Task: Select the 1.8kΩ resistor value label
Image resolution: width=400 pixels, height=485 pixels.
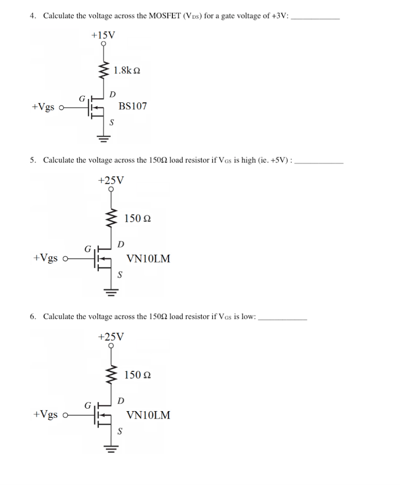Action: coord(127,71)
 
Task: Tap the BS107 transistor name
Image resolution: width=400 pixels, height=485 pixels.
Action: coord(133,106)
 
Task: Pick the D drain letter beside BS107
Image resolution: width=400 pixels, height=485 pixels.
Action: coord(112,94)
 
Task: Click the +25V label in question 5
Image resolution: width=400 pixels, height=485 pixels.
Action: coord(111,180)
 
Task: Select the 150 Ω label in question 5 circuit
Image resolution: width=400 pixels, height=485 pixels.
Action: coord(138,219)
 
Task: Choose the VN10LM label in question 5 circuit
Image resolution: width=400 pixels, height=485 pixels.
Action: coord(148,259)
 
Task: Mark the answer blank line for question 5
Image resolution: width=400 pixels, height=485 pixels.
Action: coord(319,162)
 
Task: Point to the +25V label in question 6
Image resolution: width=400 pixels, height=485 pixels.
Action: coord(111,337)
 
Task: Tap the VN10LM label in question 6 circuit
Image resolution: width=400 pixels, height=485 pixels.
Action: coord(148,415)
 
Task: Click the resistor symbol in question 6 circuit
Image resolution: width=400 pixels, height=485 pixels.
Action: coord(112,374)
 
